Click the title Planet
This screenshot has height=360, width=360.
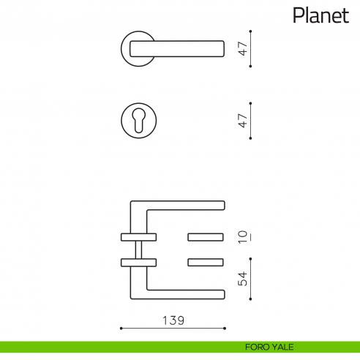pos(320,15)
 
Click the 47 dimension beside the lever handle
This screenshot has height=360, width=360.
pos(243,49)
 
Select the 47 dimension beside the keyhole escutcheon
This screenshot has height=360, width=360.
pos(243,120)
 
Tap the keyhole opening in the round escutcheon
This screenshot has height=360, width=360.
pos(138,120)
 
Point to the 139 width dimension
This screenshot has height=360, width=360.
pos(173,320)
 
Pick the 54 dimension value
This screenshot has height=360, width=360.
pos(243,279)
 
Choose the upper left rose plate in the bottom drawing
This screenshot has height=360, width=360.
pos(138,236)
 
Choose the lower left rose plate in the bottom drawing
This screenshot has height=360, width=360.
pos(138,261)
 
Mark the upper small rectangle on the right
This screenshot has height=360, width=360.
pos(206,236)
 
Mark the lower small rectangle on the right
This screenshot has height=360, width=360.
pos(206,261)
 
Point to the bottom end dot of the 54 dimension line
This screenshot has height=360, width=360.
pos(251,299)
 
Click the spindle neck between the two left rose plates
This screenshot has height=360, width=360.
pos(138,249)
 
